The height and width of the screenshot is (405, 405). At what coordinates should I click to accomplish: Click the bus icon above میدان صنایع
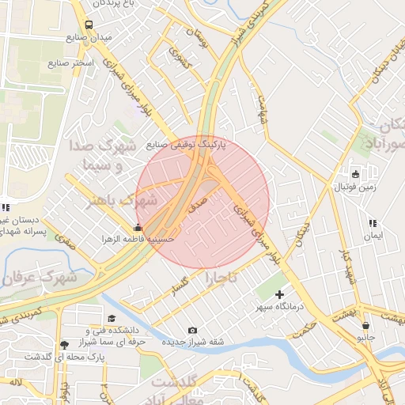[x=88, y=25]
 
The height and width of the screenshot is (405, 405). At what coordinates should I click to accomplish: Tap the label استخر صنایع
[x=70, y=61]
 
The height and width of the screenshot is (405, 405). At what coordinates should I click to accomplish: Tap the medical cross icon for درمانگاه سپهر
[x=278, y=294]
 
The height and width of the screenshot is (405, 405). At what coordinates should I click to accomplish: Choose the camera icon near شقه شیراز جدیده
[x=192, y=330]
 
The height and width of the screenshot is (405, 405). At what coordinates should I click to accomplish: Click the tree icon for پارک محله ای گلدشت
[x=63, y=344]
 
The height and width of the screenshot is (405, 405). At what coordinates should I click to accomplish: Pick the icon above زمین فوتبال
[x=354, y=175]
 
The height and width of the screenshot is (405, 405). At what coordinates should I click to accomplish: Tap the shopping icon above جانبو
[x=365, y=325]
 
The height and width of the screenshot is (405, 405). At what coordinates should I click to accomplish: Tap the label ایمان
[x=373, y=236]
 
